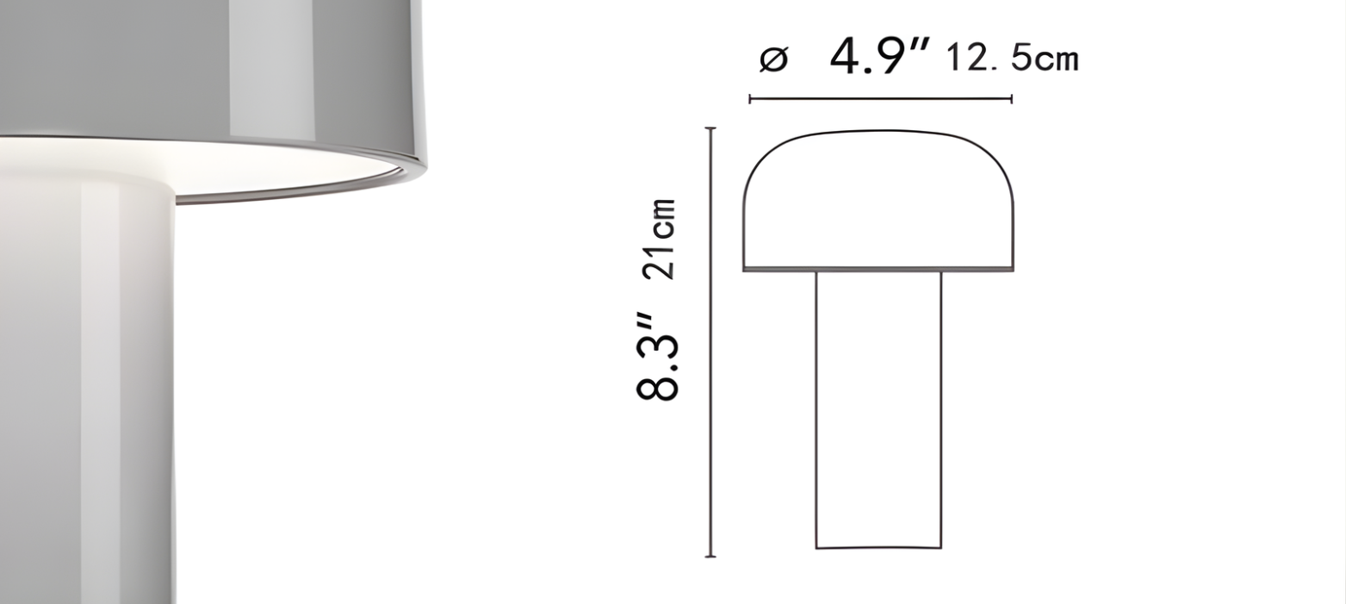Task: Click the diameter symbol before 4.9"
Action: point(773,60)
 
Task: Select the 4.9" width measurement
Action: point(880,57)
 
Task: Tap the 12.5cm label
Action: point(1012,59)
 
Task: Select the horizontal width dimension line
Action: point(880,99)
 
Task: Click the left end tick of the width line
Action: point(750,99)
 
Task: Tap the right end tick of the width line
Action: point(1011,99)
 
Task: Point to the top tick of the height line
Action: point(710,128)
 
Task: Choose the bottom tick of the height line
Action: point(710,557)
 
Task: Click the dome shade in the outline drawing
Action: point(878,202)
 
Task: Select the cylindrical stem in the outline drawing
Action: point(878,409)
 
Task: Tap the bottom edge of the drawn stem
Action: point(878,547)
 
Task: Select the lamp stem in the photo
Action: point(86,388)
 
